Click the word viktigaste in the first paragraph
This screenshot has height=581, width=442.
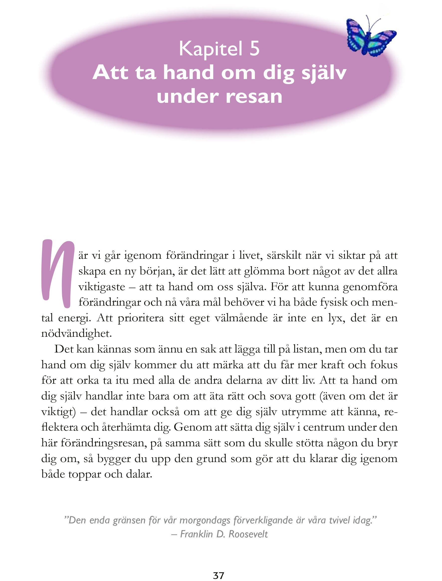coord(102,287)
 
